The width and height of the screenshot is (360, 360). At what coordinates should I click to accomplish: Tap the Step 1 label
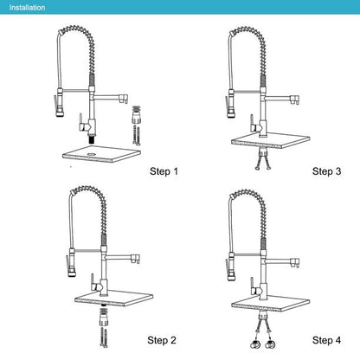pos(164,170)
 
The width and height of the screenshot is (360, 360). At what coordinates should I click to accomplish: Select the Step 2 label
pos(164,338)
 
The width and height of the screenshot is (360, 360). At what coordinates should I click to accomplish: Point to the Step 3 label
pos(328,170)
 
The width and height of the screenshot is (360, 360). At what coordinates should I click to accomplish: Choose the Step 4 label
pos(328,338)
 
